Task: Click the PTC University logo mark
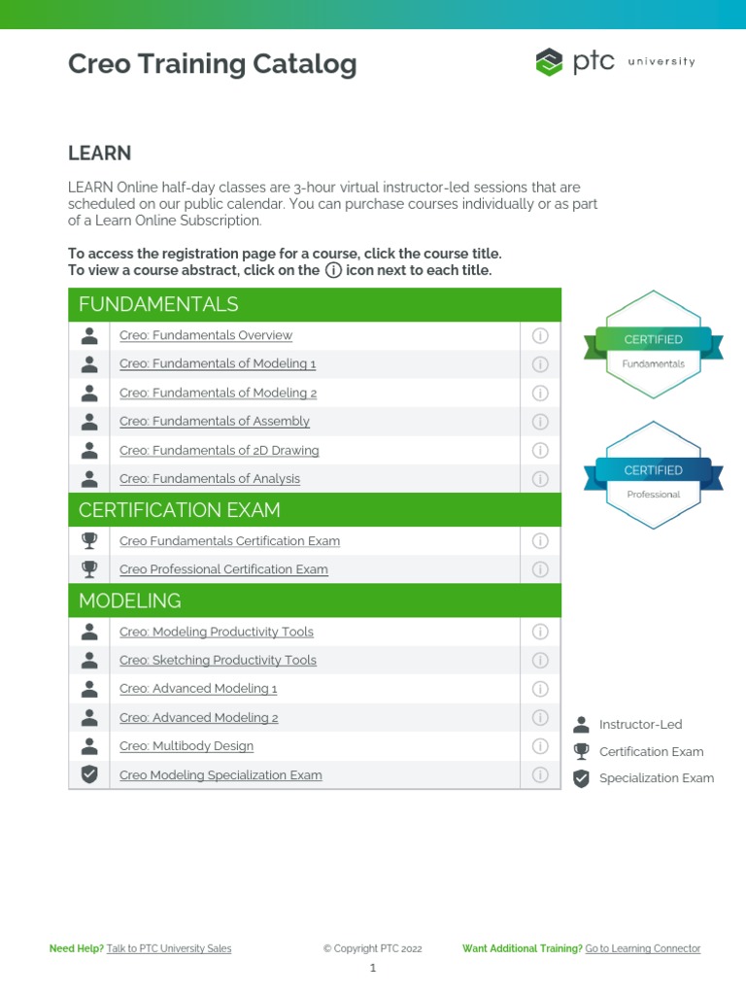pyautogui.click(x=550, y=62)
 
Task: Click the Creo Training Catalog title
pyautogui.click(x=212, y=64)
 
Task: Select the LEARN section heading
pyautogui.click(x=99, y=154)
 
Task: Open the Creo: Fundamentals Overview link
pyautogui.click(x=205, y=335)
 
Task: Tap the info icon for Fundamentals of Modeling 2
pyautogui.click(x=540, y=393)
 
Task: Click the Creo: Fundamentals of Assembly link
pyautogui.click(x=214, y=421)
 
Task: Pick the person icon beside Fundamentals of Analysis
pyautogui.click(x=89, y=478)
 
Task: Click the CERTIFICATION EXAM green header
pyautogui.click(x=315, y=509)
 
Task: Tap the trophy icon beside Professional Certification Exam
pyautogui.click(x=89, y=568)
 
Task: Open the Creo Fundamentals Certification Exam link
pyautogui.click(x=229, y=540)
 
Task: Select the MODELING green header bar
pyautogui.click(x=315, y=600)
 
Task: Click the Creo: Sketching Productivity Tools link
pyautogui.click(x=218, y=660)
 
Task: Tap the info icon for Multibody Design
pyautogui.click(x=540, y=746)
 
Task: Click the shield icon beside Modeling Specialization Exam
pyautogui.click(x=89, y=774)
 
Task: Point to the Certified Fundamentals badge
pyautogui.click(x=653, y=345)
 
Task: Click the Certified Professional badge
pyautogui.click(x=653, y=475)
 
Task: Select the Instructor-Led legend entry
pyautogui.click(x=639, y=724)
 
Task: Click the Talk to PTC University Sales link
pyautogui.click(x=169, y=948)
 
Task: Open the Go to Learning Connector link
pyautogui.click(x=642, y=948)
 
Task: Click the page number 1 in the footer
pyautogui.click(x=372, y=968)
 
